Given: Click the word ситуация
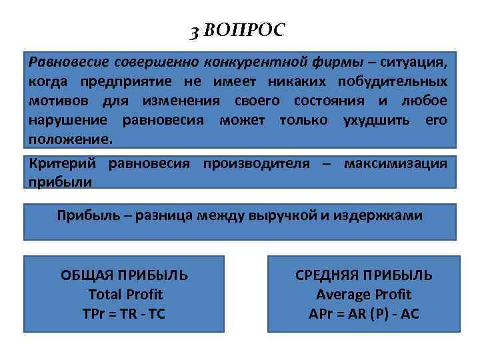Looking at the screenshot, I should pyautogui.click(x=415, y=62).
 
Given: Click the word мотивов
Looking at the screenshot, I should pyautogui.click(x=56, y=101).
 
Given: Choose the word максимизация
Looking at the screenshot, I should pyautogui.click(x=395, y=163).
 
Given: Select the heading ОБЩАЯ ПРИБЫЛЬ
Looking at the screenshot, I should pyautogui.click(x=124, y=275).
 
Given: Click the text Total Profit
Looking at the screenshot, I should pyautogui.click(x=125, y=294).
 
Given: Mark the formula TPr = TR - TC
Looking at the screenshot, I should pyautogui.click(x=125, y=313).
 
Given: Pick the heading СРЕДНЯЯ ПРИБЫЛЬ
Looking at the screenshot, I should pyautogui.click(x=363, y=275).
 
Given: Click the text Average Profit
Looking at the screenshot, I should pyautogui.click(x=363, y=294).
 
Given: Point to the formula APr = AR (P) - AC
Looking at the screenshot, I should pyautogui.click(x=363, y=313).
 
